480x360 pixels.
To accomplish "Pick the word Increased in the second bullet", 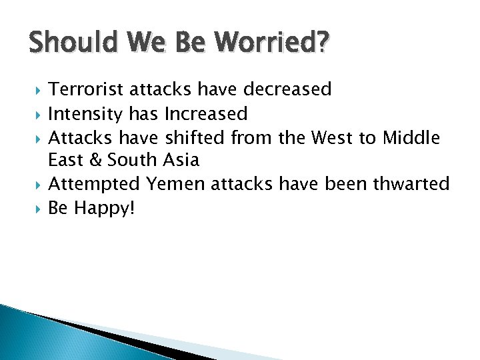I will tap(205, 114).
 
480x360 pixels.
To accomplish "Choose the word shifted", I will tap(195, 138).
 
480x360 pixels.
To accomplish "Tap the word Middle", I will tap(411, 138).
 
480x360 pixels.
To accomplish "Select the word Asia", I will tap(180, 160).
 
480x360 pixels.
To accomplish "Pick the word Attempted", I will tap(95, 183).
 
